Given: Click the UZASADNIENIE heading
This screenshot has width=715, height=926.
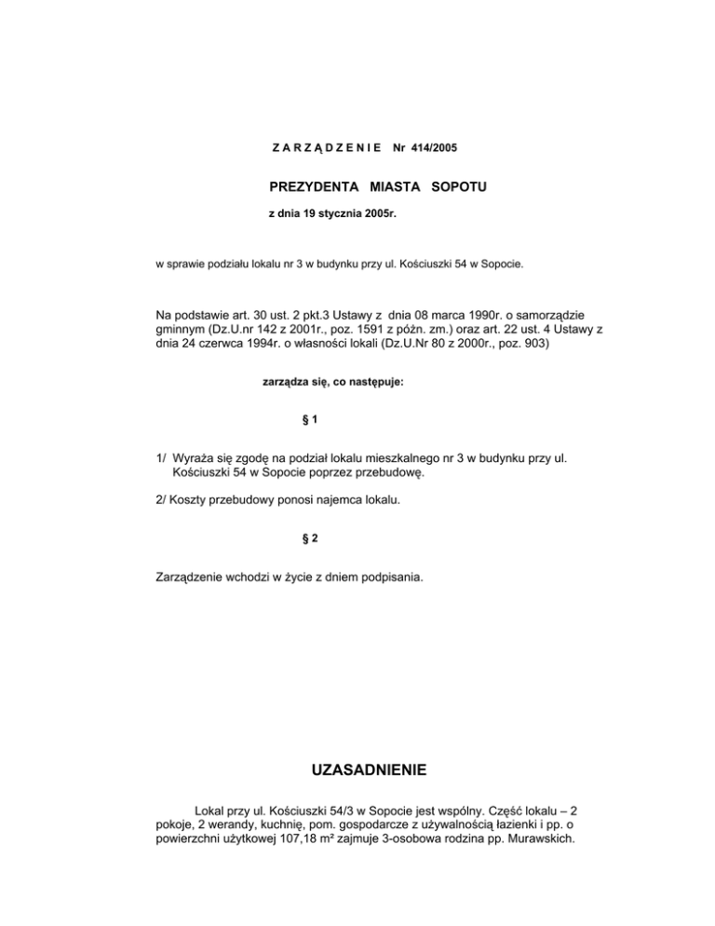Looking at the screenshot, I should pos(357,770).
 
